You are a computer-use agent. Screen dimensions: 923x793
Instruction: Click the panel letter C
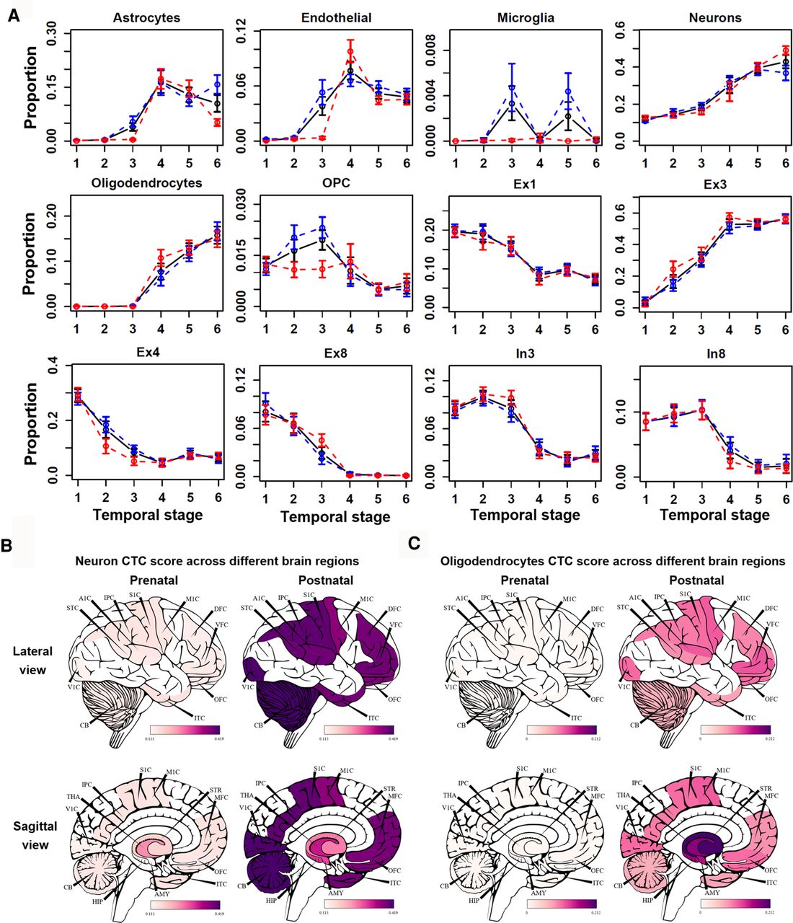pos(414,543)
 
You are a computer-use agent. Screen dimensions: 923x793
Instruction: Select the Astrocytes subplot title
pos(146,17)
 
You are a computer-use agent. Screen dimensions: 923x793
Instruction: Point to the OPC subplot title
pos(335,183)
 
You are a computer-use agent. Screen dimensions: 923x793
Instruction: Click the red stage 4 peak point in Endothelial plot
pos(350,51)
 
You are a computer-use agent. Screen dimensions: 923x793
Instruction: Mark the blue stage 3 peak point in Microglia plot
pos(512,87)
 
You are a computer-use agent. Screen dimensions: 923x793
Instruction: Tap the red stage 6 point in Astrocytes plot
pos(217,123)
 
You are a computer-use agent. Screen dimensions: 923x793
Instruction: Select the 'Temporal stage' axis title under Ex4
pos(147,515)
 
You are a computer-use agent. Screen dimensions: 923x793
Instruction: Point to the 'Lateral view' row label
pos(32,661)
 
